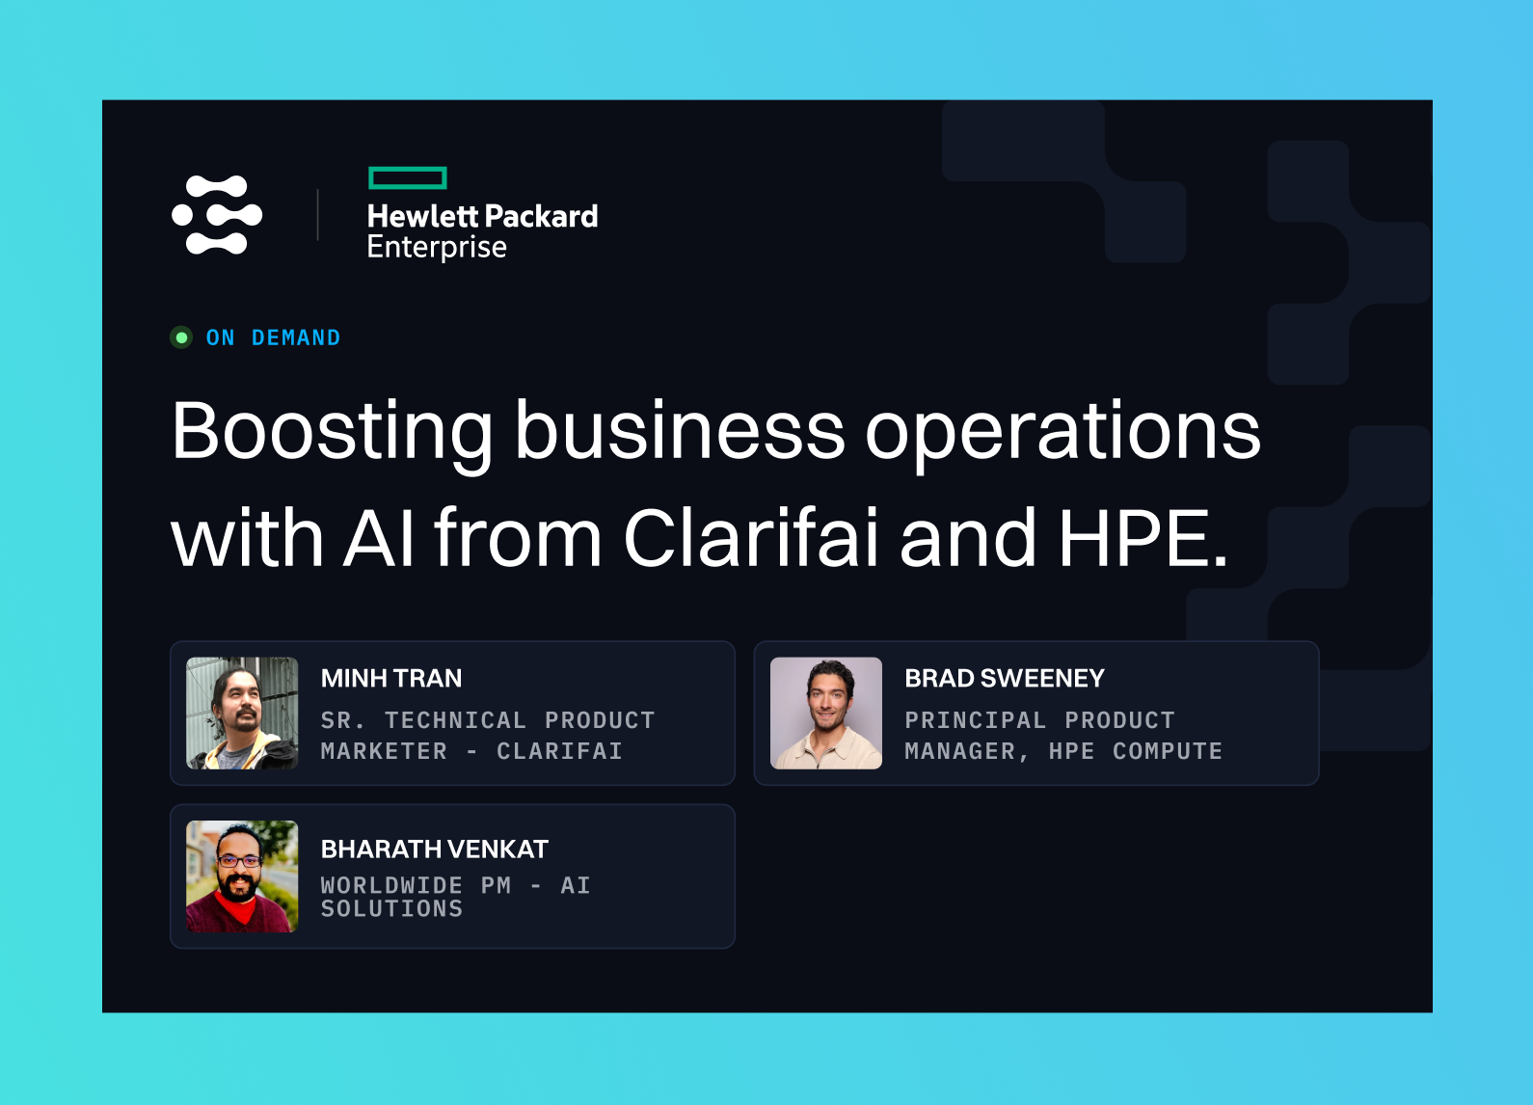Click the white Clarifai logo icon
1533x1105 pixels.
click(x=217, y=215)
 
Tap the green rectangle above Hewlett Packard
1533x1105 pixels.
click(x=408, y=178)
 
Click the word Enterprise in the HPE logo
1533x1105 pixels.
click(x=437, y=248)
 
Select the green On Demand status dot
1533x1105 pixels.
click(x=181, y=337)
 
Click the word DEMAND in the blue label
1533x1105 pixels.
click(x=296, y=337)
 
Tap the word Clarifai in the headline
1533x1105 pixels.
click(x=751, y=537)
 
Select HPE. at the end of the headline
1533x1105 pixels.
click(x=1143, y=539)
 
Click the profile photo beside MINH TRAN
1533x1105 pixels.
click(x=242, y=714)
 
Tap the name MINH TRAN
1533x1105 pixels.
click(x=391, y=679)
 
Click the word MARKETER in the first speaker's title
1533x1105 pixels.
click(x=384, y=751)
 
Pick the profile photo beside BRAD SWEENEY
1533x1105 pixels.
click(x=826, y=714)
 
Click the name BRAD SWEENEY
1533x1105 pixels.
click(x=1005, y=679)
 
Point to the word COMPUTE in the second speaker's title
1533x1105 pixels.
click(x=1168, y=751)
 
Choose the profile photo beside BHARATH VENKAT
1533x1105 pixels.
click(x=242, y=876)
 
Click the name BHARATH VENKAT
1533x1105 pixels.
click(x=435, y=849)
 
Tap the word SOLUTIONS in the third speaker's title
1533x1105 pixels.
click(x=392, y=908)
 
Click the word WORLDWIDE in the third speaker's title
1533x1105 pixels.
click(x=392, y=885)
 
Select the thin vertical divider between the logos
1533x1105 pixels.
click(x=317, y=215)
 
